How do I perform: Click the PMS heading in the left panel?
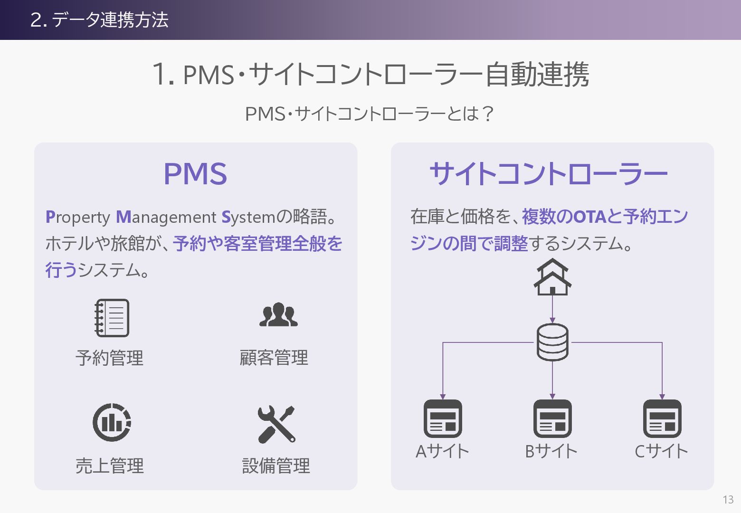point(195,173)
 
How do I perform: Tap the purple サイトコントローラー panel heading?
point(549,173)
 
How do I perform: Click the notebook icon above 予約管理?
point(112,318)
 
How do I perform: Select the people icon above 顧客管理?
point(278,315)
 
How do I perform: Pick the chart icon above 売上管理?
point(112,422)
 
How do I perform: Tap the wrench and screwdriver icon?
point(276,424)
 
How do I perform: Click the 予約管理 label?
point(109,358)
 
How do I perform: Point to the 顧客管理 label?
point(274,358)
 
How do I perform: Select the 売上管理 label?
point(109,466)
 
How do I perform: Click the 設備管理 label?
point(276,466)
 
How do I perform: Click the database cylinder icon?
point(552,342)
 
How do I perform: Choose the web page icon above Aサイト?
point(443,418)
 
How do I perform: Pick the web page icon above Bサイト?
point(552,418)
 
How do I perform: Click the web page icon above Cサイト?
point(662,418)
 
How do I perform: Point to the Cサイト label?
point(661,451)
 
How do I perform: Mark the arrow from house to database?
point(552,309)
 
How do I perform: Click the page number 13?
point(728,499)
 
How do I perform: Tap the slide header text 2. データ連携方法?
point(99,20)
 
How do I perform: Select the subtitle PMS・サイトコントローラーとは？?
point(370,114)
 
